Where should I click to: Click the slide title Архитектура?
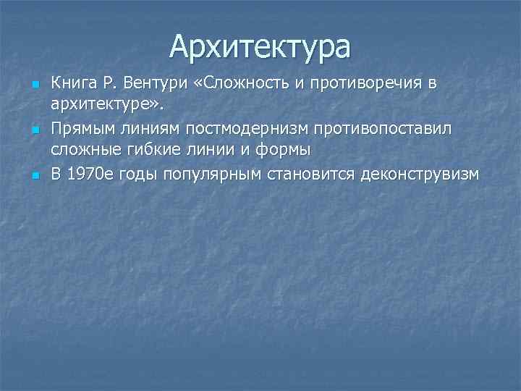(260, 46)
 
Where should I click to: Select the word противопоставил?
(385, 129)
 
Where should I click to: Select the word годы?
(141, 175)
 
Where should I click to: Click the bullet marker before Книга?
(34, 85)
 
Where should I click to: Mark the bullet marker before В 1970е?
(34, 176)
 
